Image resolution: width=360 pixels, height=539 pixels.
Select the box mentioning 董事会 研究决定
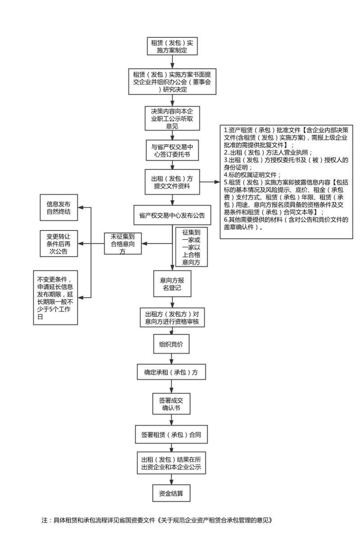point(172,81)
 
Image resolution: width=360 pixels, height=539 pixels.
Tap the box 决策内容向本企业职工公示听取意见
point(172,118)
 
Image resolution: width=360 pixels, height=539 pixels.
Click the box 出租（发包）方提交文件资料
point(172,182)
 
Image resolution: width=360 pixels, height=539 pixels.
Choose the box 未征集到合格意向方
point(122,243)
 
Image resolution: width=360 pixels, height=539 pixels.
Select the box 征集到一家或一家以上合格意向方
point(191,247)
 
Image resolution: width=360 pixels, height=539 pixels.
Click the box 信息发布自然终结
point(58,208)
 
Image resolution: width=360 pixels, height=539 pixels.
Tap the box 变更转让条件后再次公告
point(58,243)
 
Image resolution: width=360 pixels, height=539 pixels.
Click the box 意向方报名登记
point(172,283)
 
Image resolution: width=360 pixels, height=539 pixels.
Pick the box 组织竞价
point(171,344)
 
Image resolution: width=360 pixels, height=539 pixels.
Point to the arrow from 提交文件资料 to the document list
point(209,182)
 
